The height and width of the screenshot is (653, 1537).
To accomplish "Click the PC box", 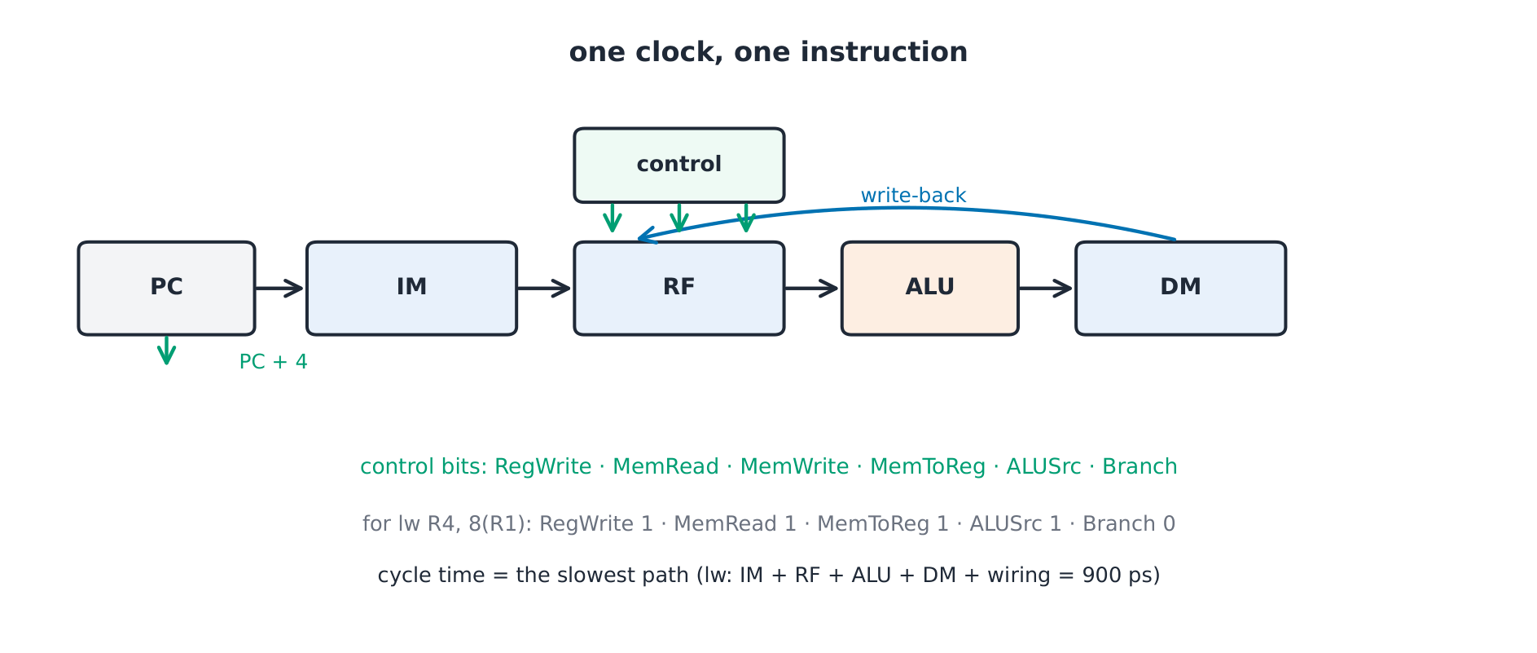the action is point(166,288).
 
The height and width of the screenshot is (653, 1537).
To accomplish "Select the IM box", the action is point(411,288).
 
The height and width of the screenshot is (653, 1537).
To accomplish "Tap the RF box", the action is point(678,288).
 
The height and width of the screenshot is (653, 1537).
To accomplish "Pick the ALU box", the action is point(929,288).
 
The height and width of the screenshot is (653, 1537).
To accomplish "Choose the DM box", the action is point(1180,288).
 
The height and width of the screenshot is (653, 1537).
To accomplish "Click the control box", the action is point(678,165).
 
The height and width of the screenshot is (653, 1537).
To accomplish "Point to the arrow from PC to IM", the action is point(279,288).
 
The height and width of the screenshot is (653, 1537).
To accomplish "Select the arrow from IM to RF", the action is point(544,288).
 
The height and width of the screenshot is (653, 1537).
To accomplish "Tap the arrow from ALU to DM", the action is point(1046,288).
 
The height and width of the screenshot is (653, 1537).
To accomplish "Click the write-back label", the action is point(913,196).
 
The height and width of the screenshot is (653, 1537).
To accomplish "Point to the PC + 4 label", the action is point(274,362).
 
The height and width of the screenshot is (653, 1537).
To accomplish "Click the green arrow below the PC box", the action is point(166,350).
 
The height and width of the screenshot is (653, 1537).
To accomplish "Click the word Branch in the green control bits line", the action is point(1140,467).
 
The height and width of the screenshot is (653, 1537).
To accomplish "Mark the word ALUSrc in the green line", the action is point(1043,467).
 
